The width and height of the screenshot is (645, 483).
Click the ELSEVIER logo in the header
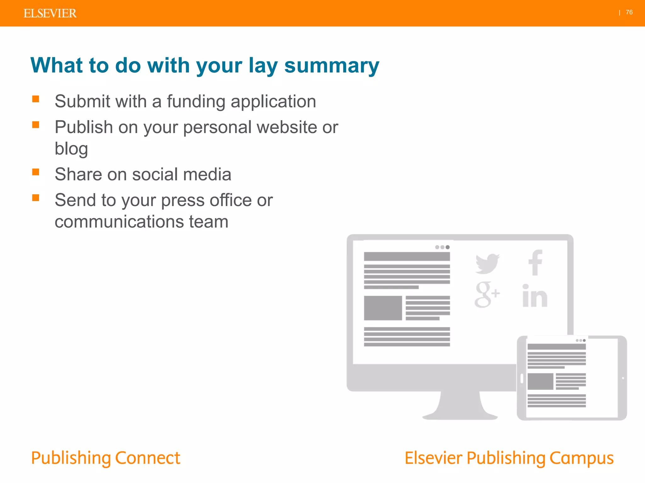[50, 13]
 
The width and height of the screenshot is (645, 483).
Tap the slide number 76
[629, 12]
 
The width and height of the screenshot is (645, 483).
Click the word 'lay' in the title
[263, 66]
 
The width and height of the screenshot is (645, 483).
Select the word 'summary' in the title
[331, 66]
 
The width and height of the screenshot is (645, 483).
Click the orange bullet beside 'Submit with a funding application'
[36, 99]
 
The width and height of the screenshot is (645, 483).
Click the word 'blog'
[71, 149]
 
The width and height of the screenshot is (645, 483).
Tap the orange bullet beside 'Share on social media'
[36, 172]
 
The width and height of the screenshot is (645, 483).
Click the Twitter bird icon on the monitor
[487, 263]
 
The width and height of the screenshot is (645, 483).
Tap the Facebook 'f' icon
[535, 263]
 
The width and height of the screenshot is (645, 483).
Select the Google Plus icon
[486, 295]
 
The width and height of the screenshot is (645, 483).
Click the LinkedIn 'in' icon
[534, 296]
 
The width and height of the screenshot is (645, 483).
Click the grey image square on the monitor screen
[383, 308]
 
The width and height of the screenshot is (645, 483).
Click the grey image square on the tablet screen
[540, 381]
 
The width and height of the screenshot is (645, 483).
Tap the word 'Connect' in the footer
[148, 458]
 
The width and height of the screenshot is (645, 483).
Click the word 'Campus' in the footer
[581, 458]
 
